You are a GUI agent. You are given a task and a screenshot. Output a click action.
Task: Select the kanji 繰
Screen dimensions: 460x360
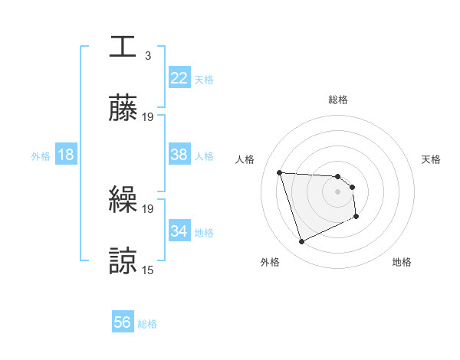[x=123, y=200]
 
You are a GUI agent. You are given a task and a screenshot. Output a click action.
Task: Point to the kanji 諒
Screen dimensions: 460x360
[x=123, y=261]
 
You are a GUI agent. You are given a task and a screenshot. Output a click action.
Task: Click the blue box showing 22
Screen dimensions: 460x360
[x=179, y=78]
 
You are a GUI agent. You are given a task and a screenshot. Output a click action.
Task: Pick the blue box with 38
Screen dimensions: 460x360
[x=179, y=155]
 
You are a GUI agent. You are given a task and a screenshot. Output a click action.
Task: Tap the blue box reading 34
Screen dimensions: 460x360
[x=179, y=231]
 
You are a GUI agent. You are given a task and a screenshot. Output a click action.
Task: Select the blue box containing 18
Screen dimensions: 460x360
[x=66, y=155]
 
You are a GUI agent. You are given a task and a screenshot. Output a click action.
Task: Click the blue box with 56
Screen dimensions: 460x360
[x=123, y=322]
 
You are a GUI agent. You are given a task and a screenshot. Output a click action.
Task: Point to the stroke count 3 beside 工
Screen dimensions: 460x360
[x=147, y=56]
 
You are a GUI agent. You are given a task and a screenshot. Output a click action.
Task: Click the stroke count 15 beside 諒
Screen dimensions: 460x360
[x=148, y=270]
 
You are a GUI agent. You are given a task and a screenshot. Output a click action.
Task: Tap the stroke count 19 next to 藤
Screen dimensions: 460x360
[x=148, y=117]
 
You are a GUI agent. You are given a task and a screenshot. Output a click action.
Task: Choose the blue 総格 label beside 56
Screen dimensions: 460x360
[x=147, y=324]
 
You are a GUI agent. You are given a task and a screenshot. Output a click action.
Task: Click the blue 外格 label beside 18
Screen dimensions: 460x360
[x=41, y=156]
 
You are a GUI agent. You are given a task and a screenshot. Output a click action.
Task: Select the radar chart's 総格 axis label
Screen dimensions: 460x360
[x=337, y=100]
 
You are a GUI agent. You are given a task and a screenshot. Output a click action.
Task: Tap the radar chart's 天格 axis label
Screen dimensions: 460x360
[x=431, y=159]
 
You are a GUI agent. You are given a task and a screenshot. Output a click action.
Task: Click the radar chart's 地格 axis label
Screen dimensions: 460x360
[x=402, y=263]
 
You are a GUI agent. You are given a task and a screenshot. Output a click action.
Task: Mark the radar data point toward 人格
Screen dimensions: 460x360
[x=280, y=172]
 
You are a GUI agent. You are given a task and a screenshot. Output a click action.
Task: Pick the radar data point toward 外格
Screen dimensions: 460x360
[x=301, y=242]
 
